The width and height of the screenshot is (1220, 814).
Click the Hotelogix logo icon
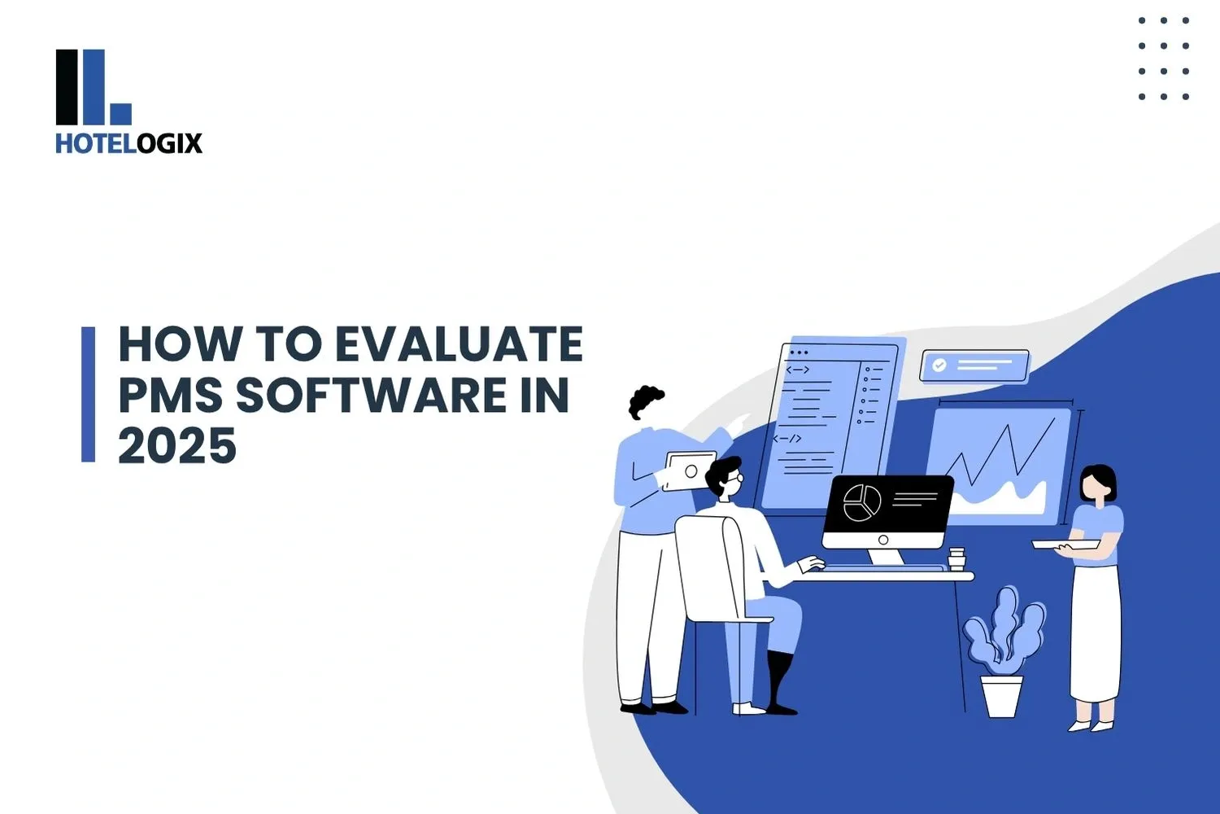pos(93,87)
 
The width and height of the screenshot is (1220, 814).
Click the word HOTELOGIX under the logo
pos(129,144)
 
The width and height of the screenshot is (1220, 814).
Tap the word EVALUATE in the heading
pos(460,344)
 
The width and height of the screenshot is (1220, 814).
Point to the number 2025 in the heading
pos(177,446)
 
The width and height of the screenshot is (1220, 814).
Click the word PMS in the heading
pos(170,396)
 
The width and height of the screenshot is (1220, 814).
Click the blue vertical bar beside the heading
pos(88,395)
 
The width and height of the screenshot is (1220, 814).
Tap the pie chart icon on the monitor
pos(861,502)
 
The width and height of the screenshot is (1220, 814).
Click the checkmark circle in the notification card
pos(939,365)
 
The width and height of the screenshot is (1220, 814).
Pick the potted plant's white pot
pos(1001,696)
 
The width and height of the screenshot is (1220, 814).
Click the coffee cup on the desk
pos(956,558)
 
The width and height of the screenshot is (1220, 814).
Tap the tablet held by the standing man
pos(690,470)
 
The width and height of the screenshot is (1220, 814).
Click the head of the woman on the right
pos(1097,485)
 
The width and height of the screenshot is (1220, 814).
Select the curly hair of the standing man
pos(646,401)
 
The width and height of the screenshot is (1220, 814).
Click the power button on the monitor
pos(883,540)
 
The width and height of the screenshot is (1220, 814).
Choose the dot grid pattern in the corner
pos(1164,59)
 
